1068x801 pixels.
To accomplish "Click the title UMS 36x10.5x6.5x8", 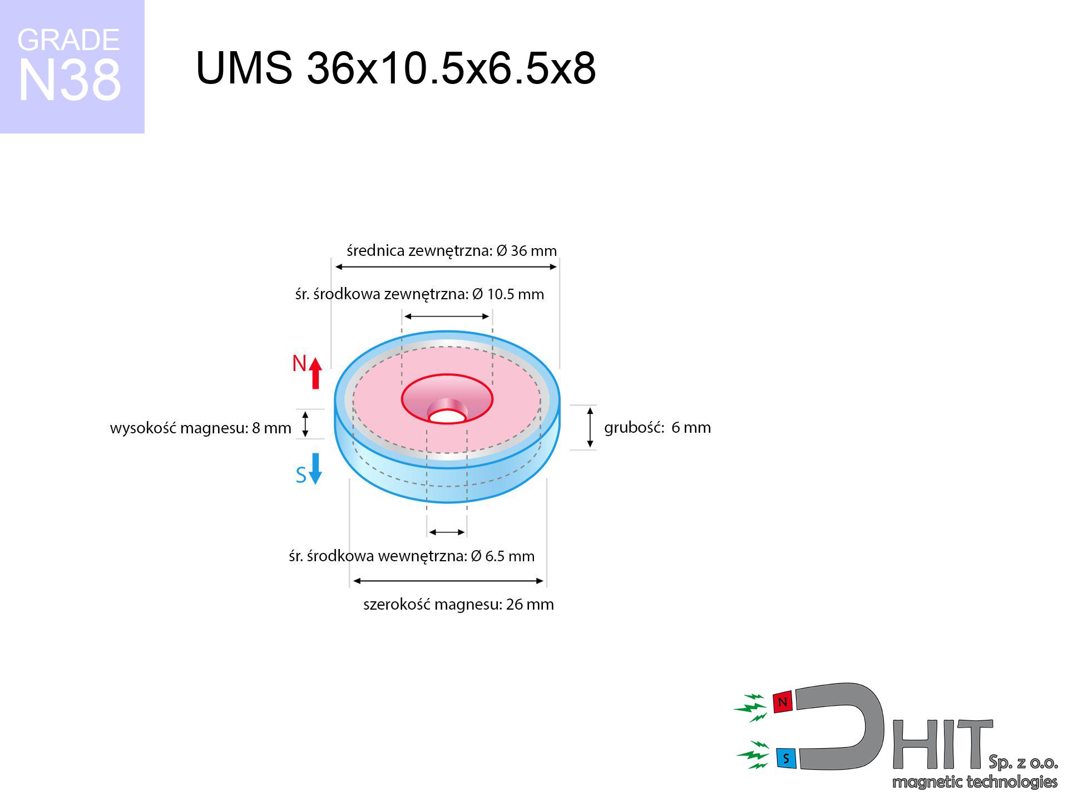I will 395,68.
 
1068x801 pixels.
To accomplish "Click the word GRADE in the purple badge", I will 68,40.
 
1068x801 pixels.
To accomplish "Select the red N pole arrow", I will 315,373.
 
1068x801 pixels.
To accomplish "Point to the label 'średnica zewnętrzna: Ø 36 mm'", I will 451,251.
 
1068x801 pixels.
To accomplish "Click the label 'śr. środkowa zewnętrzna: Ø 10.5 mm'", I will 419,294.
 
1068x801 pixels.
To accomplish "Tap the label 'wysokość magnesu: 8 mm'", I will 200,428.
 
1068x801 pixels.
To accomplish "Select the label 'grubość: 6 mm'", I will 657,427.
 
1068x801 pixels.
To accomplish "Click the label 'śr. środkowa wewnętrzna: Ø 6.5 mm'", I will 412,556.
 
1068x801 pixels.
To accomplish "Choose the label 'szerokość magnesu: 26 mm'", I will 458,604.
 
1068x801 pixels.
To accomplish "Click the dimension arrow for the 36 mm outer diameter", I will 446,267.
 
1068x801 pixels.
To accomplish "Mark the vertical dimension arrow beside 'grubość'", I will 590,427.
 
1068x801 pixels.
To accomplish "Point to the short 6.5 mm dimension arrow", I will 447,532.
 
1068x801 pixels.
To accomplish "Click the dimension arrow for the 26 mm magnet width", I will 448,581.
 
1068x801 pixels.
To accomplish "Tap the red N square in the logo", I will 783,703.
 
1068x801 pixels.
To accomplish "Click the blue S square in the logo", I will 785,758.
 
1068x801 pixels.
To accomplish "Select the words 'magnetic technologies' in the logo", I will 974,782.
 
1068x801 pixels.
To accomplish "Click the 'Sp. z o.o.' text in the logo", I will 1023,762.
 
